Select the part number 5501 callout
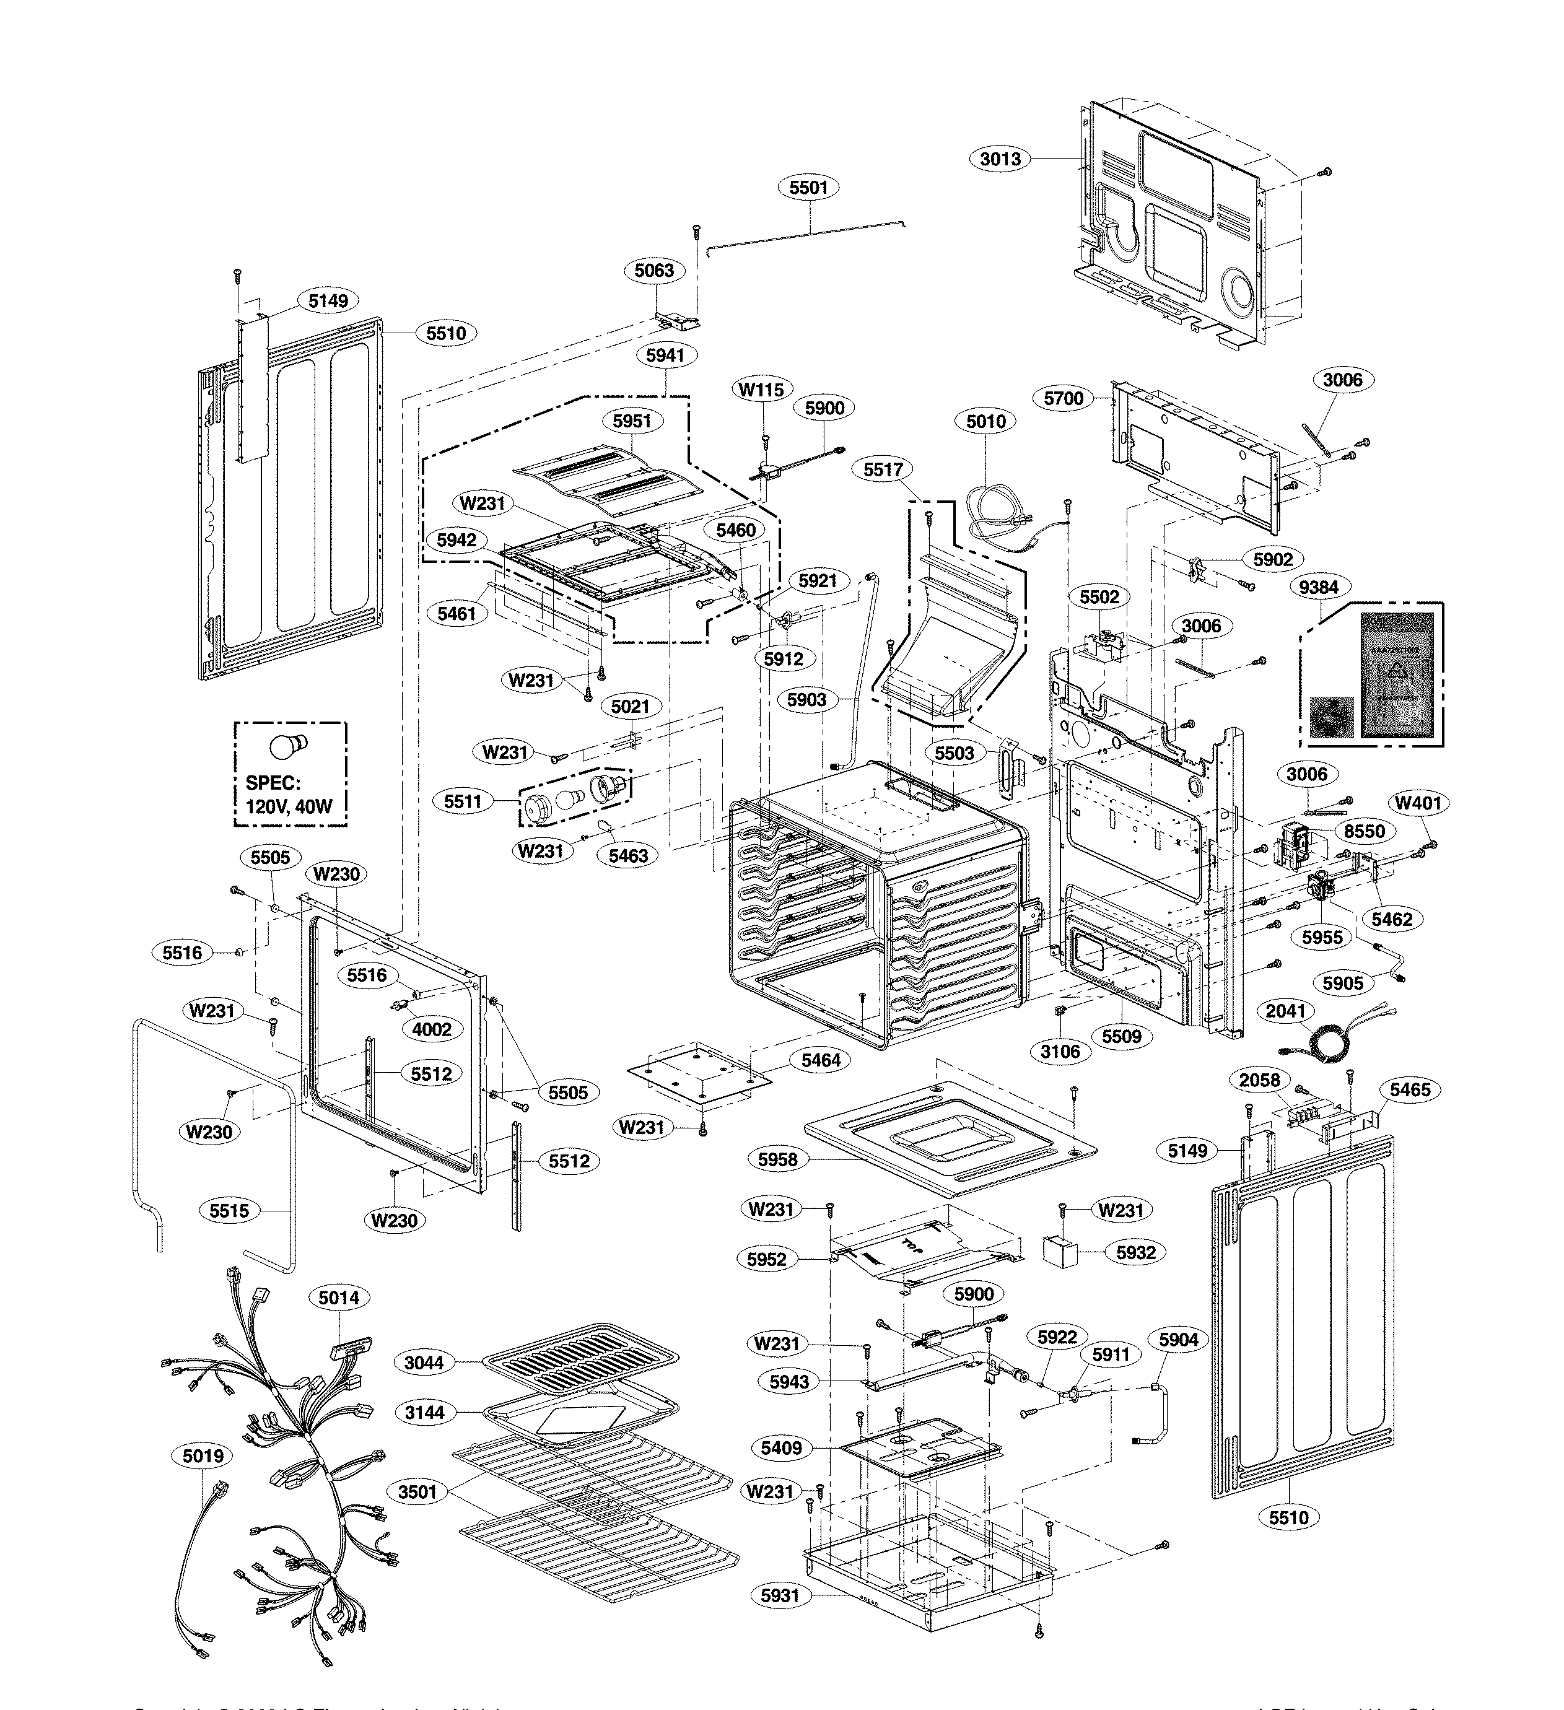pyautogui.click(x=808, y=188)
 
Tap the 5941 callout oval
pyautogui.click(x=665, y=356)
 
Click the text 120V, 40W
pyautogui.click(x=289, y=806)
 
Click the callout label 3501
pyautogui.click(x=417, y=1492)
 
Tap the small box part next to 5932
pyautogui.click(x=1059, y=1252)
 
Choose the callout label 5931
pyautogui.click(x=779, y=1595)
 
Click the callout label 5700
pyautogui.click(x=1064, y=398)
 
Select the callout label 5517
pyautogui.click(x=883, y=469)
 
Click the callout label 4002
pyautogui.click(x=432, y=1029)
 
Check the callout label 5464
pyautogui.click(x=820, y=1060)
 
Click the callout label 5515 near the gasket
pyautogui.click(x=229, y=1210)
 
